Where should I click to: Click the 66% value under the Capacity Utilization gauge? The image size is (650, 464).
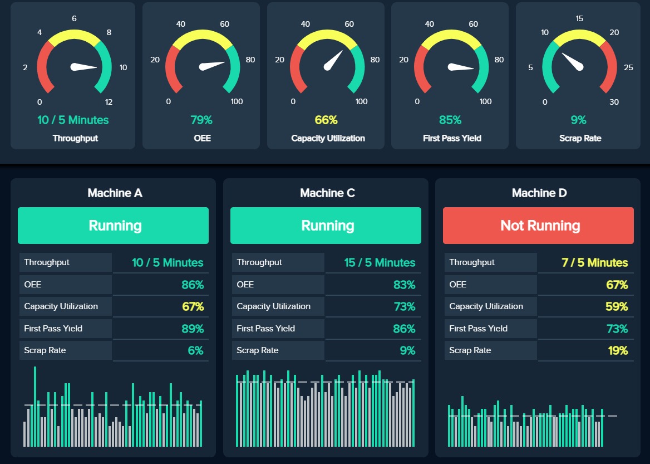tap(326, 120)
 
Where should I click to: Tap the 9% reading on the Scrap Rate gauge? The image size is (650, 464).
tap(578, 120)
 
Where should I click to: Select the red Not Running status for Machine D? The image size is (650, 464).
tap(538, 226)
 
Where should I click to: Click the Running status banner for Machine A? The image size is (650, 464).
tap(113, 226)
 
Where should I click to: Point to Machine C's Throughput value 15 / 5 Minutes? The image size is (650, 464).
tap(380, 262)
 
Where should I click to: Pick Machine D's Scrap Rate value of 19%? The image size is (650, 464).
tap(617, 350)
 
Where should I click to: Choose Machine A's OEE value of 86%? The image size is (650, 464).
tap(193, 285)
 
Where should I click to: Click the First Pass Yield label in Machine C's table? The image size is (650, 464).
tap(265, 328)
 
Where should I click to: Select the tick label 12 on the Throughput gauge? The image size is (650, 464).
tap(109, 102)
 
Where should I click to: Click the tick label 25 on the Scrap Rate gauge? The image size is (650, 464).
tap(629, 68)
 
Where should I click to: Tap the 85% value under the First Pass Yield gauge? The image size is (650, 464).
tap(450, 120)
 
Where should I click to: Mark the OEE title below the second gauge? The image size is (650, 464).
tap(202, 138)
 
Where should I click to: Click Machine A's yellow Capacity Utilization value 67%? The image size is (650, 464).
tap(193, 306)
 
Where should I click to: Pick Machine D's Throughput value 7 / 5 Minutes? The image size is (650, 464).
tap(594, 262)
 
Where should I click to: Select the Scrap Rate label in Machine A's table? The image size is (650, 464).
tap(45, 350)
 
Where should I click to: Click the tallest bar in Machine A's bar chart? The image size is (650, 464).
tap(35, 407)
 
